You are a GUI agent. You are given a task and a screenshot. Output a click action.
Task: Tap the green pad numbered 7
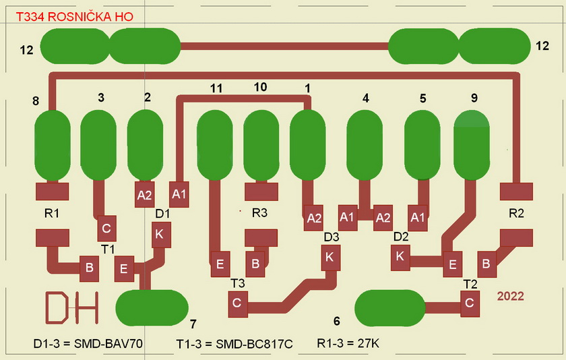(152, 308)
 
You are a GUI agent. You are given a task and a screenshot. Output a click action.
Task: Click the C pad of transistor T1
(106, 229)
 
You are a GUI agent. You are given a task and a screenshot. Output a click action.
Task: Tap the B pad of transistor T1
(88, 268)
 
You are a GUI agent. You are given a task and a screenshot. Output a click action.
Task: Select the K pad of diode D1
(159, 235)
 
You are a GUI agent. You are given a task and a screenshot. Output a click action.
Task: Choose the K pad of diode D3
(329, 257)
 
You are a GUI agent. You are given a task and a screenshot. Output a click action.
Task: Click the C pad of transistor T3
(237, 303)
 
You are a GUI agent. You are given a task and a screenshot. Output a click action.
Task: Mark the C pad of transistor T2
(470, 304)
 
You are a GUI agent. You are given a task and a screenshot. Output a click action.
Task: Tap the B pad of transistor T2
(484, 262)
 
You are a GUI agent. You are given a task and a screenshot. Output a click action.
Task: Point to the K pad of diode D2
(399, 256)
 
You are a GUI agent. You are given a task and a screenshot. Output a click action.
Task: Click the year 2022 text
(510, 295)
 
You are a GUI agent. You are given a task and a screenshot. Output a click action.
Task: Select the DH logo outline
(70, 307)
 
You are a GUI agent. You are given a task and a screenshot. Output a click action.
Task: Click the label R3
(259, 213)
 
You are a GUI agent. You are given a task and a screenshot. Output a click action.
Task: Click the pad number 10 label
(260, 87)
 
